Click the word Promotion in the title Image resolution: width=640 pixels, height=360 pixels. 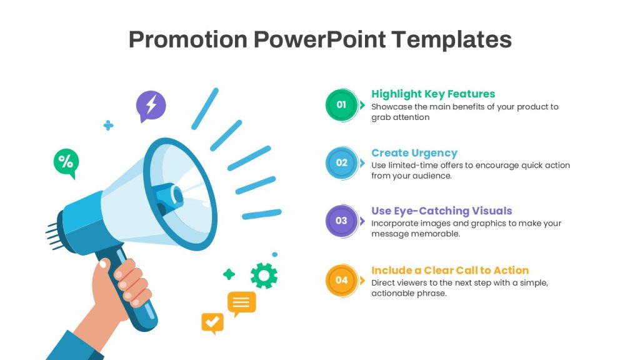(x=188, y=39)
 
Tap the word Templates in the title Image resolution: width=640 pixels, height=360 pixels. (x=451, y=39)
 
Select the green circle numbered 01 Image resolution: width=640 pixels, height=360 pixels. (x=342, y=105)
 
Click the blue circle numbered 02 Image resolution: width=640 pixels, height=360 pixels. (x=342, y=163)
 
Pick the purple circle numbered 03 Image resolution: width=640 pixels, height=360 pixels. (x=342, y=221)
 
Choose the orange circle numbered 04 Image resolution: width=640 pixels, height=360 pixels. (x=342, y=281)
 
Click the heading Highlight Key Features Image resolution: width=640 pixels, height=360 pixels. (x=433, y=94)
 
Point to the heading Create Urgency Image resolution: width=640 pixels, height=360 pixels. (x=414, y=152)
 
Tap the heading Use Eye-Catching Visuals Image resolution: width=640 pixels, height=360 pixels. (x=442, y=211)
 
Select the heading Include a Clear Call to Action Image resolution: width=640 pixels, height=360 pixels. (x=450, y=270)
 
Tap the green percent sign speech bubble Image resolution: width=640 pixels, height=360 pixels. (x=66, y=163)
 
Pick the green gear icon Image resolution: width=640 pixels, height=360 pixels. (x=264, y=276)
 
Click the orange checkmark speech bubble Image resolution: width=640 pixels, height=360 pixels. (x=212, y=323)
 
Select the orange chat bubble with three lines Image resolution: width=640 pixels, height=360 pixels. (x=242, y=304)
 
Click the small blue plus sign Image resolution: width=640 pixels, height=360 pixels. (x=108, y=125)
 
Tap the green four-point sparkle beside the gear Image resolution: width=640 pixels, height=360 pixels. (x=229, y=274)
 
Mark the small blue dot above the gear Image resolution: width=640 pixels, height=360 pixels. (x=275, y=254)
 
